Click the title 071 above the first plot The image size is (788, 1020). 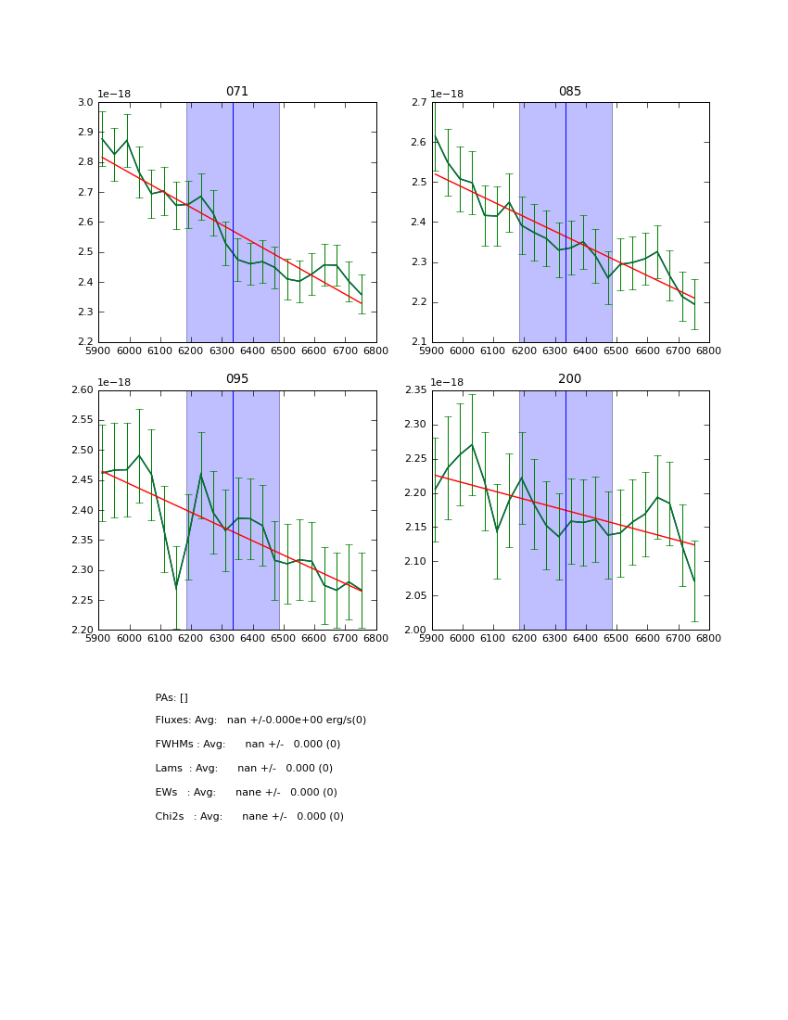[236, 92]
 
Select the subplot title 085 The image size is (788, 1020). [569, 92]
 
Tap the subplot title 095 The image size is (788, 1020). [236, 379]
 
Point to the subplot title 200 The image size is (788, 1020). [569, 379]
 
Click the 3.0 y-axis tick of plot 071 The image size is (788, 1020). [85, 103]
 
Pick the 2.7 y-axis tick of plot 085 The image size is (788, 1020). [418, 103]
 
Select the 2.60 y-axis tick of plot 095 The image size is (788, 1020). [83, 390]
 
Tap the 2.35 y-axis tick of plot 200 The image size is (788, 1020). [415, 390]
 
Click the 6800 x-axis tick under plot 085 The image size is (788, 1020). [708, 351]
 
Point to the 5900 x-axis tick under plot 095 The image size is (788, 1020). [99, 638]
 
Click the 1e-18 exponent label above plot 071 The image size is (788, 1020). [114, 95]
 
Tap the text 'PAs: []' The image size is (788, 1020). [172, 698]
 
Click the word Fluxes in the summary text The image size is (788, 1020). [172, 720]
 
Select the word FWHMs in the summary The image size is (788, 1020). [174, 745]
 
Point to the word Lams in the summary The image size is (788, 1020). [170, 769]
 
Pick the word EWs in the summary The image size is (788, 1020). [167, 793]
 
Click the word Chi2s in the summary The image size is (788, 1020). [171, 817]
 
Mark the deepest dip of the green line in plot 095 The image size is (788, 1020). [176, 588]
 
